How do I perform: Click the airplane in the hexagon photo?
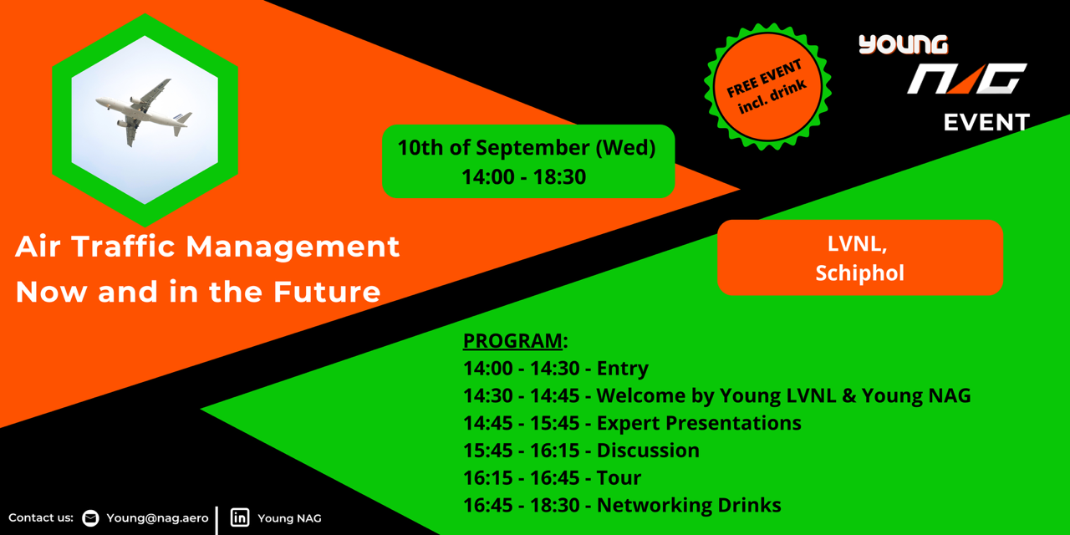coord(143,112)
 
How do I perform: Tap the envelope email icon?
coord(90,518)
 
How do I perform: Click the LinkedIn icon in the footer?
coord(240,517)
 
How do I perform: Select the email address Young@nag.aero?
coord(157,518)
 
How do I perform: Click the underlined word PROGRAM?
coord(512,341)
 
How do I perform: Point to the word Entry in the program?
coord(623,369)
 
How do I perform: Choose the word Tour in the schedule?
coord(619,477)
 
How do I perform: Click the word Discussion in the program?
coord(648,451)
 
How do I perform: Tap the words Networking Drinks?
coord(689,505)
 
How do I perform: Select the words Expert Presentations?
coord(699,423)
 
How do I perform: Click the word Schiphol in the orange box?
coord(859,273)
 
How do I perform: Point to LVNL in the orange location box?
coord(857,244)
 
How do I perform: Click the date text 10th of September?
coord(494,148)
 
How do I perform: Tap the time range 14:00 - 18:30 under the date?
coord(523,176)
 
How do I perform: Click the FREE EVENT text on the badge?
coord(764,78)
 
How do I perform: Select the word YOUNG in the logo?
coord(903,44)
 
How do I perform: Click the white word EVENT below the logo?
coord(986,123)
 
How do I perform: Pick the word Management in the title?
coord(293,247)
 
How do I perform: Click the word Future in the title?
coord(327,292)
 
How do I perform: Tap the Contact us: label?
coord(41,517)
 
